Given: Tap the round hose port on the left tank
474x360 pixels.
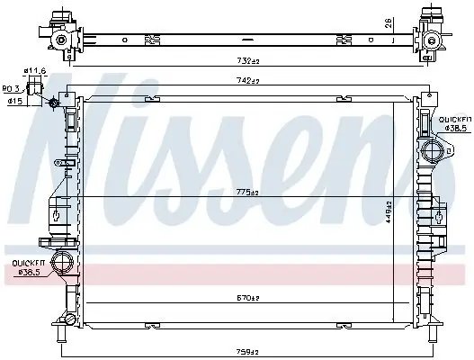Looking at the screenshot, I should pos(64,263).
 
